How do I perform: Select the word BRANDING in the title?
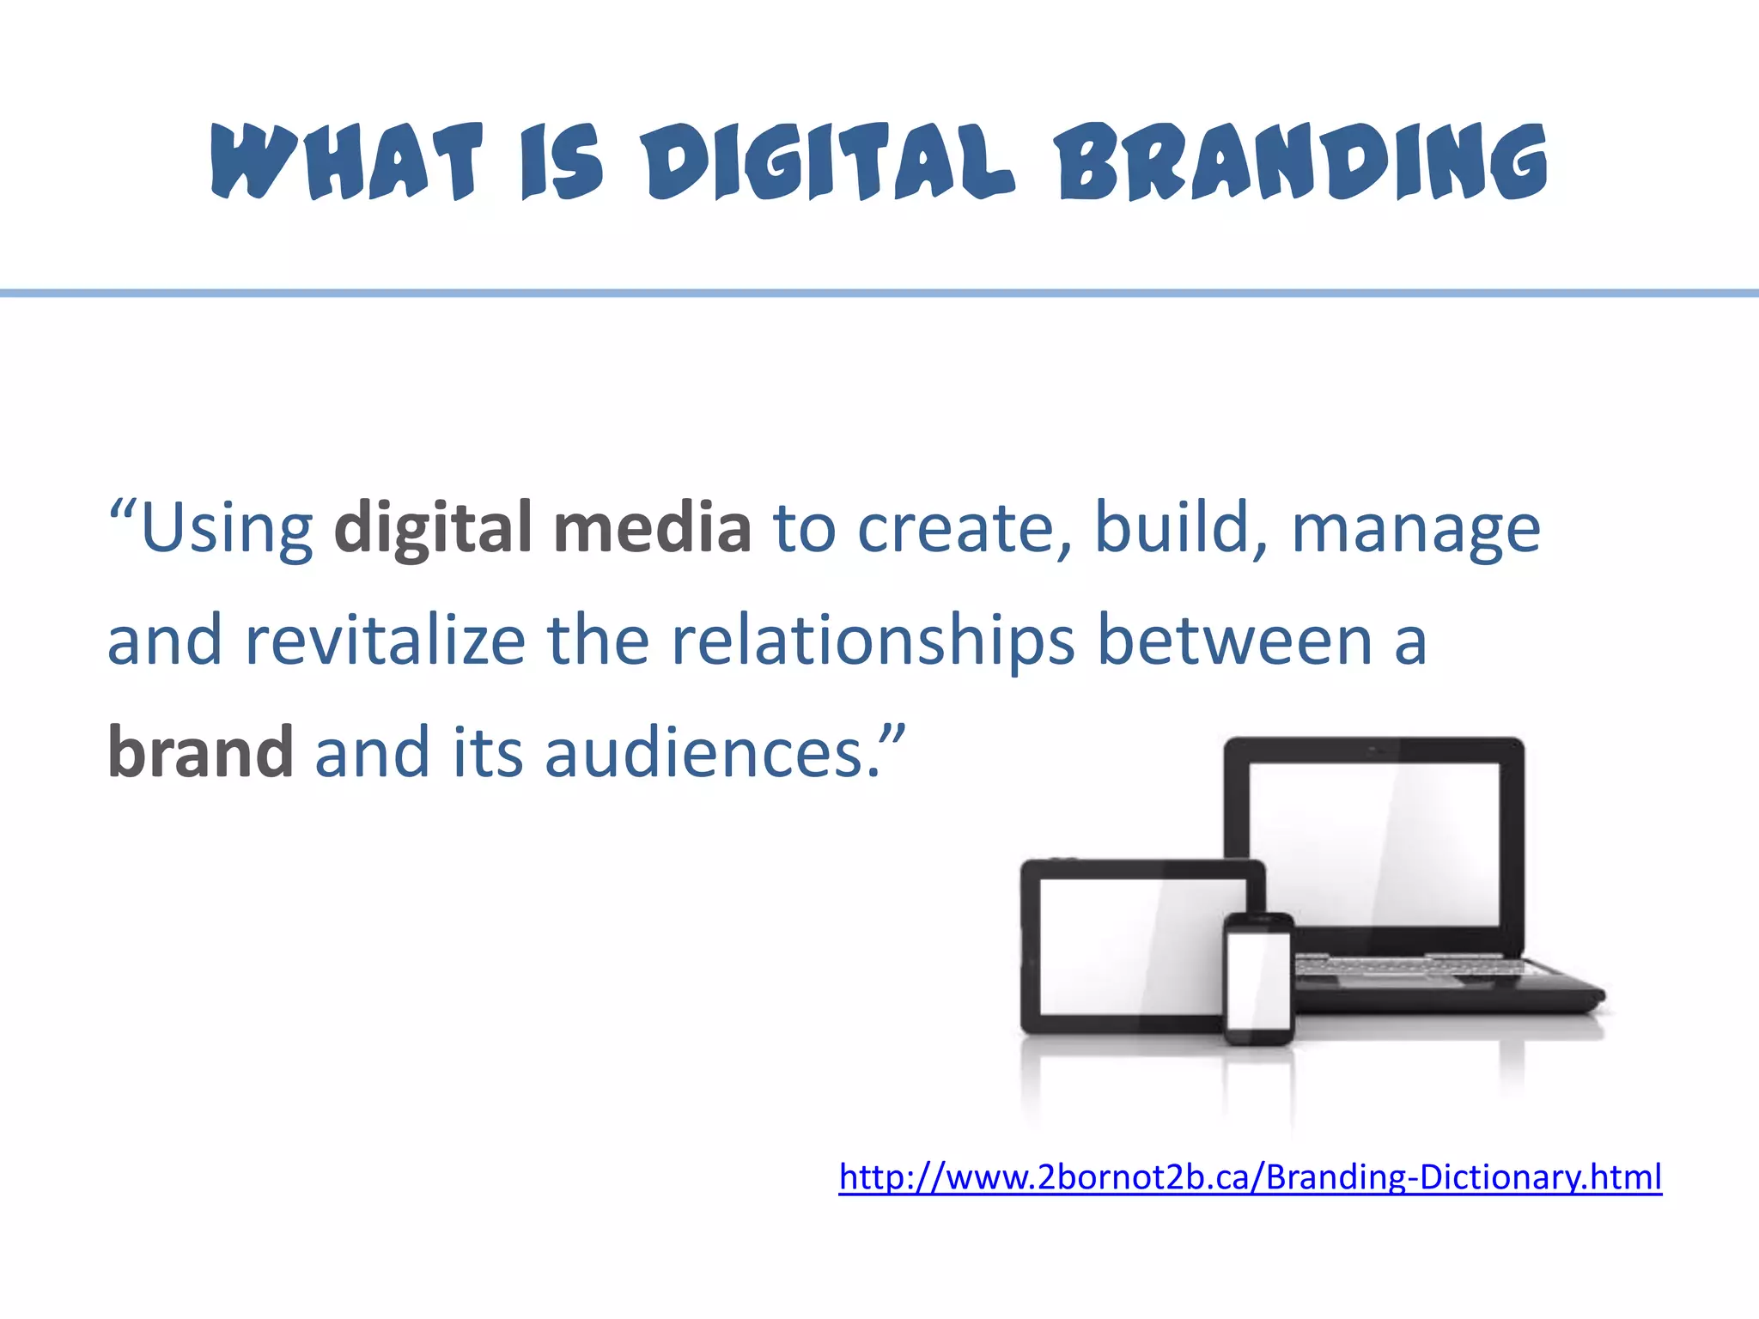pyautogui.click(x=1302, y=161)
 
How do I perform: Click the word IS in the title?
pyautogui.click(x=563, y=161)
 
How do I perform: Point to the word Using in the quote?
pyautogui.click(x=227, y=529)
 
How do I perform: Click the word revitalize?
pyautogui.click(x=385, y=641)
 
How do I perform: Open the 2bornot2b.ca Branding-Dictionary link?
pyautogui.click(x=1250, y=1176)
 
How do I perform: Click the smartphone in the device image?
pyautogui.click(x=1258, y=979)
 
